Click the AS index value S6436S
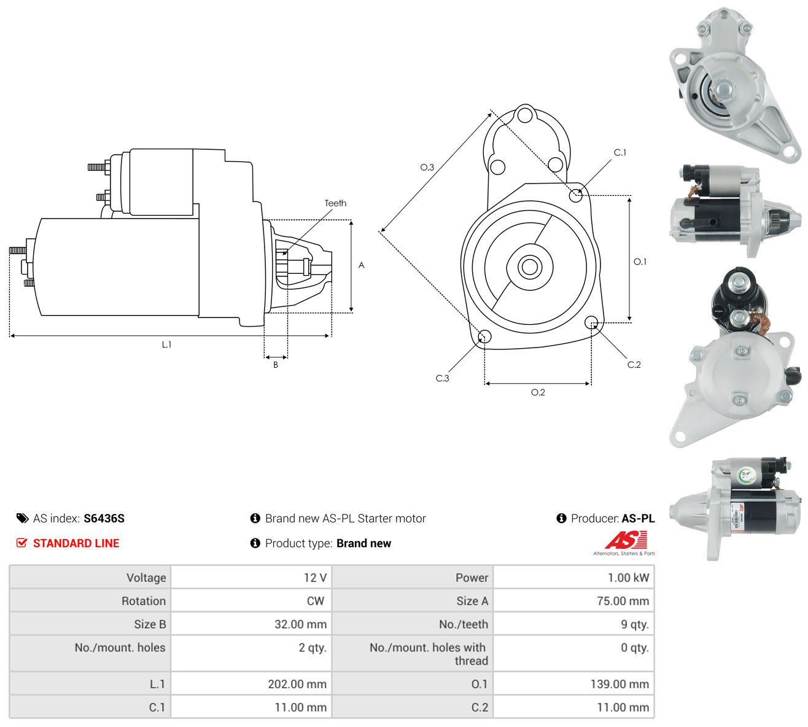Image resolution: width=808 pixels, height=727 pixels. click(104, 518)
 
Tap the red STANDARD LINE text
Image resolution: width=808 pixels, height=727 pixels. click(76, 543)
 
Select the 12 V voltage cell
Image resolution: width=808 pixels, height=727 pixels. click(251, 577)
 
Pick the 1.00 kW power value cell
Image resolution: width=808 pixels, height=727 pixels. click(573, 577)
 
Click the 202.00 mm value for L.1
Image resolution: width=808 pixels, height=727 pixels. click(297, 684)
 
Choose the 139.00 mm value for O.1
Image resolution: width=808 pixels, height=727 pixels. click(619, 684)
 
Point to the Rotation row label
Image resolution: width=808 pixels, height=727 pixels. click(144, 601)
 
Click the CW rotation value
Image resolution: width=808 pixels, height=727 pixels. click(315, 601)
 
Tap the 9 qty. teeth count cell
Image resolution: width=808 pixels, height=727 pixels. click(573, 624)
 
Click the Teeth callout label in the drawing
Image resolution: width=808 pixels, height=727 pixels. click(335, 203)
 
